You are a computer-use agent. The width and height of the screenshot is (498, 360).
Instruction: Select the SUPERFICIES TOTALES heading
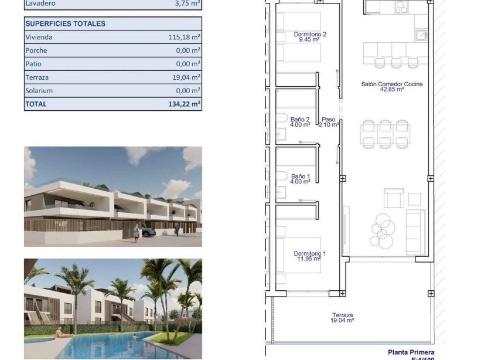66,23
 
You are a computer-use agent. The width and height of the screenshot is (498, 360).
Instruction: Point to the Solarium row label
39,91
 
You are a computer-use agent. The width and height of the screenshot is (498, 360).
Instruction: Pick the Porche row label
36,50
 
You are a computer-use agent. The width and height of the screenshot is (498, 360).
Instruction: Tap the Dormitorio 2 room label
309,37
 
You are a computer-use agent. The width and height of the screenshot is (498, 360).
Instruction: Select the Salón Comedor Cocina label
391,86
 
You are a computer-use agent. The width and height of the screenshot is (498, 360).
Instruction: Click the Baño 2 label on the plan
300,122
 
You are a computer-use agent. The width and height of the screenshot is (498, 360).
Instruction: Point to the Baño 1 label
300,178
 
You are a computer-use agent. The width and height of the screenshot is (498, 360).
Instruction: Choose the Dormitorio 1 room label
309,256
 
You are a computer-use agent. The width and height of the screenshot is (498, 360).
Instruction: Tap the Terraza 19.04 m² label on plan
342,318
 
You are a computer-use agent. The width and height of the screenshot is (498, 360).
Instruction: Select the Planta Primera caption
411,352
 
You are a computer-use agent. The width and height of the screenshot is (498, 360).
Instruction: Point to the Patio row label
33,64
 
